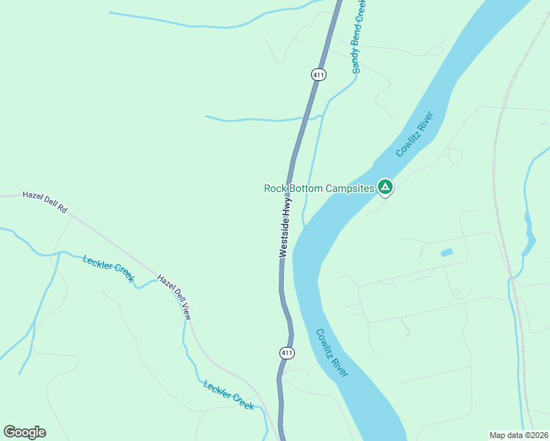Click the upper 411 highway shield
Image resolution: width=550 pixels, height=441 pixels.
(318, 74)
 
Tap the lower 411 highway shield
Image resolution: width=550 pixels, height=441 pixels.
(287, 354)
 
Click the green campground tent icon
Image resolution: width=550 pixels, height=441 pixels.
(385, 187)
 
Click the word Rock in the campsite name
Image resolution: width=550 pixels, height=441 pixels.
(275, 188)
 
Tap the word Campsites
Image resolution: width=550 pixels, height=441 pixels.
(350, 188)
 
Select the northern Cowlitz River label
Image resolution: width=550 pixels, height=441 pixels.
(416, 133)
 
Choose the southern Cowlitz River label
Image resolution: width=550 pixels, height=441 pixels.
(332, 353)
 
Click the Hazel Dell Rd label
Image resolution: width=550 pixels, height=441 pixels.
(45, 202)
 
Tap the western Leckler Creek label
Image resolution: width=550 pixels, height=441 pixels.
(109, 268)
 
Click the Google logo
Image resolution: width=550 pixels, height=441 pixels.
(24, 432)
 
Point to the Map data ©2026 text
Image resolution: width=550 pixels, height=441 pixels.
(518, 435)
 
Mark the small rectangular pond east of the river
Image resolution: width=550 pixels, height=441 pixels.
(446, 253)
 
